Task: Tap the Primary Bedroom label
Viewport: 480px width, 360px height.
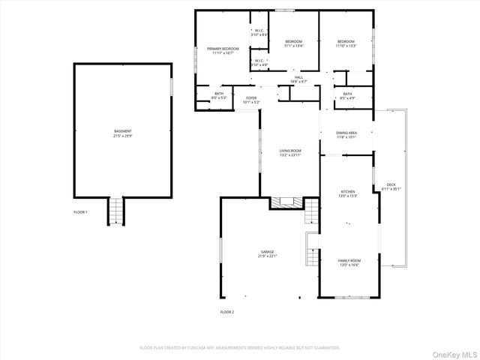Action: pos(223,51)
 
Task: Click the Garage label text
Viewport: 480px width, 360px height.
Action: pos(267,253)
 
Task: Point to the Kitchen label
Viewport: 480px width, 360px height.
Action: pos(346,193)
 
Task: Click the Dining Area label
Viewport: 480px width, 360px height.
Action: pos(346,135)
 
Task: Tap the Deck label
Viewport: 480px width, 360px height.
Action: pos(391,187)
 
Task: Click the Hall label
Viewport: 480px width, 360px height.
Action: pos(298,79)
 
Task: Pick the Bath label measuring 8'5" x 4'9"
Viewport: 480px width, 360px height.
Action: pos(347,96)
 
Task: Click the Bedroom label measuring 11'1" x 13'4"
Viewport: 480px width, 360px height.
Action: pos(292,43)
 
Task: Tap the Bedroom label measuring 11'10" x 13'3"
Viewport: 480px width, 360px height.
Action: pos(345,43)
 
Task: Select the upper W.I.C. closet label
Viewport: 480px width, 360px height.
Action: pos(258,33)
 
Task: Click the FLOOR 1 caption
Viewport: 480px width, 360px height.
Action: pos(80,212)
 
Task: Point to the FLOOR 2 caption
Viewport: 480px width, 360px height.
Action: pos(226,311)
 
